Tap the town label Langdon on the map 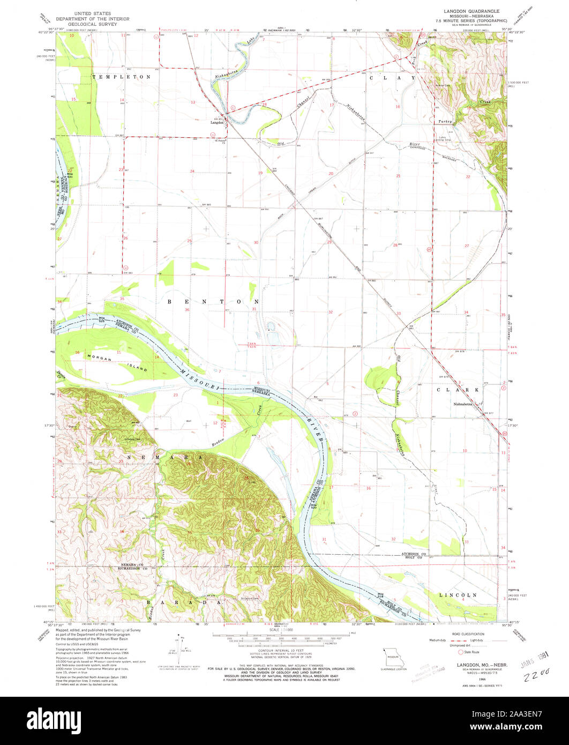[216, 123]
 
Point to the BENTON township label [213, 302]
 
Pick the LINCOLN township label [458, 595]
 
